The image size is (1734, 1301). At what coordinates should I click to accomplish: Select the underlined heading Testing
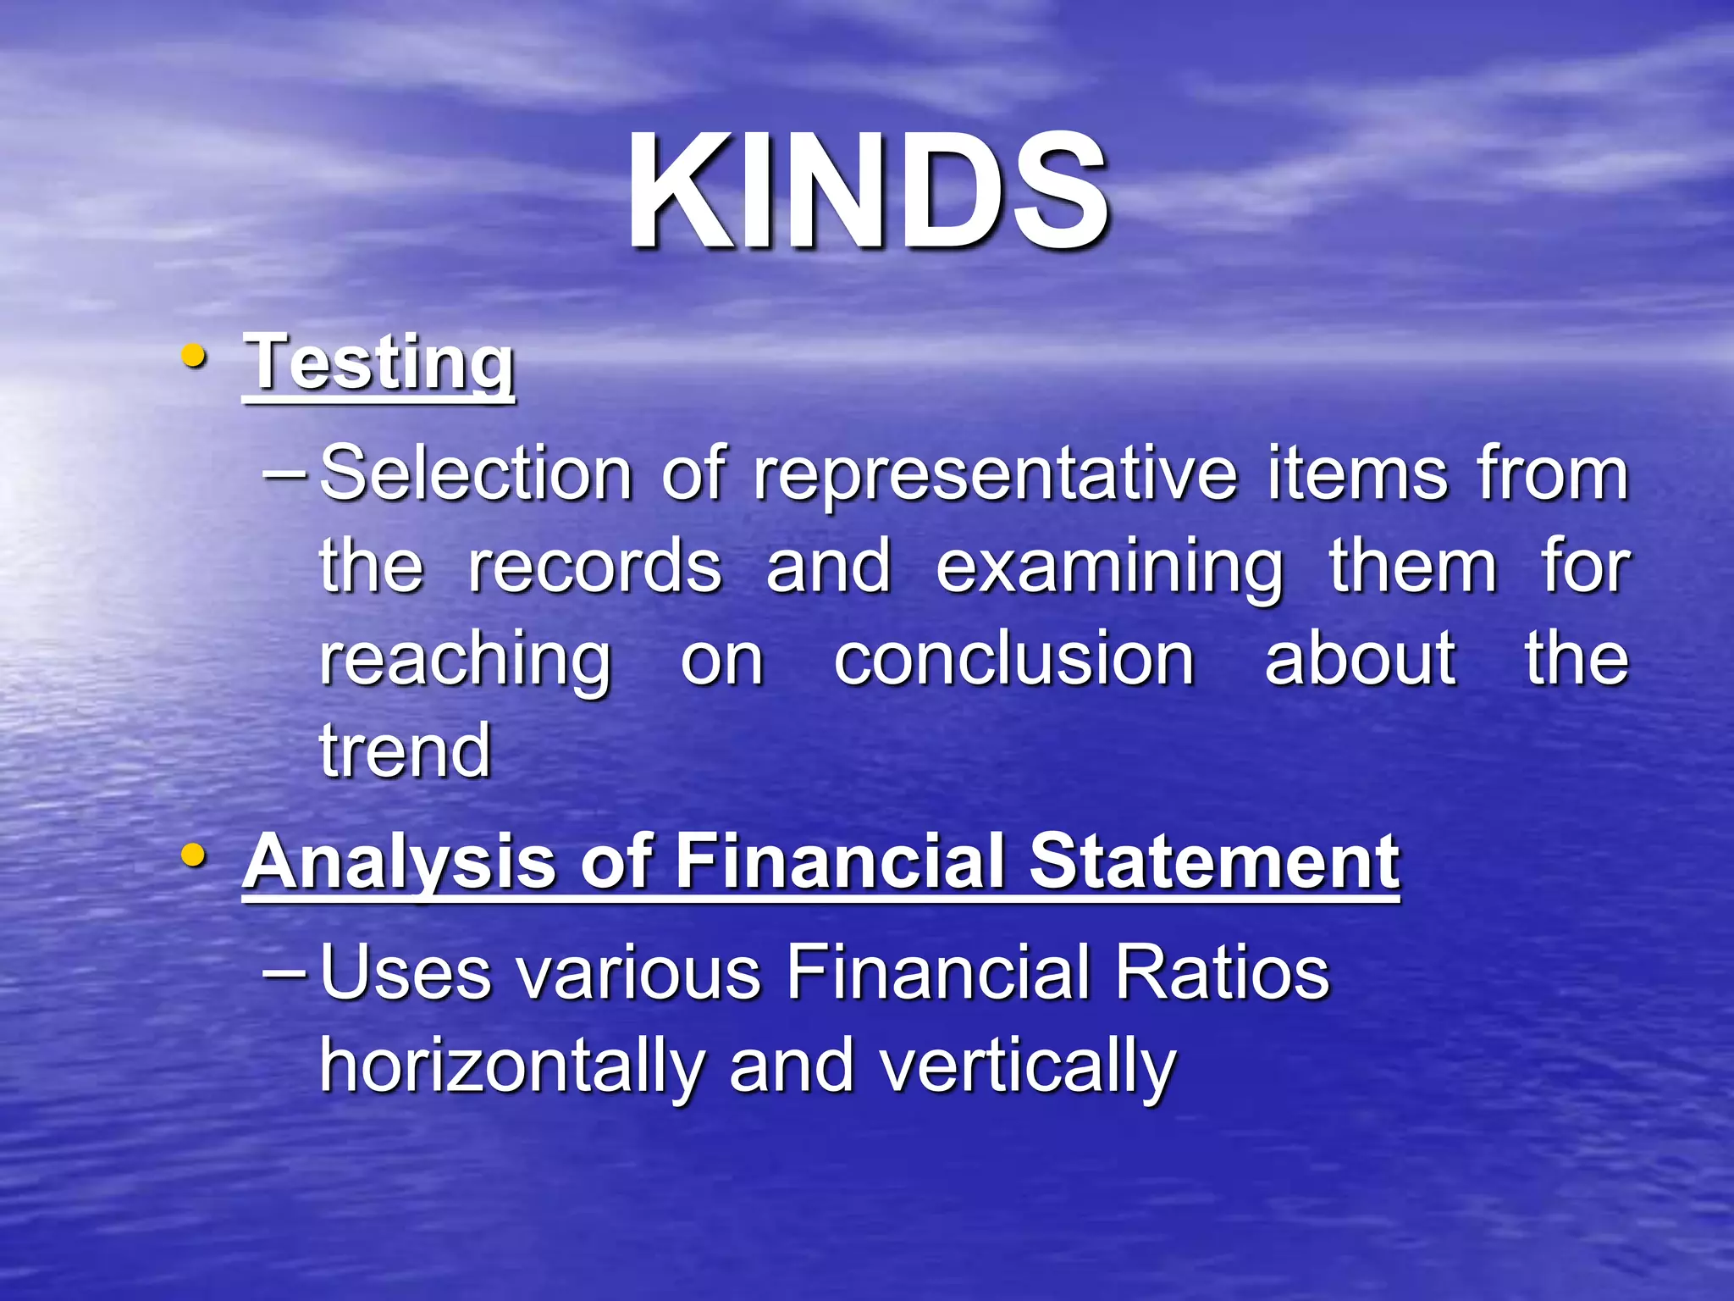(378, 363)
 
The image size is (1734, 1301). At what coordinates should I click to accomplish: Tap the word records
(594, 567)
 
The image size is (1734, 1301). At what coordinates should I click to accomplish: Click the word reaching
(465, 662)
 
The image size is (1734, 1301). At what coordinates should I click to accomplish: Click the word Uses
(406, 972)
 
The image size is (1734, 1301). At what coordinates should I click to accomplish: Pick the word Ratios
(1222, 972)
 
